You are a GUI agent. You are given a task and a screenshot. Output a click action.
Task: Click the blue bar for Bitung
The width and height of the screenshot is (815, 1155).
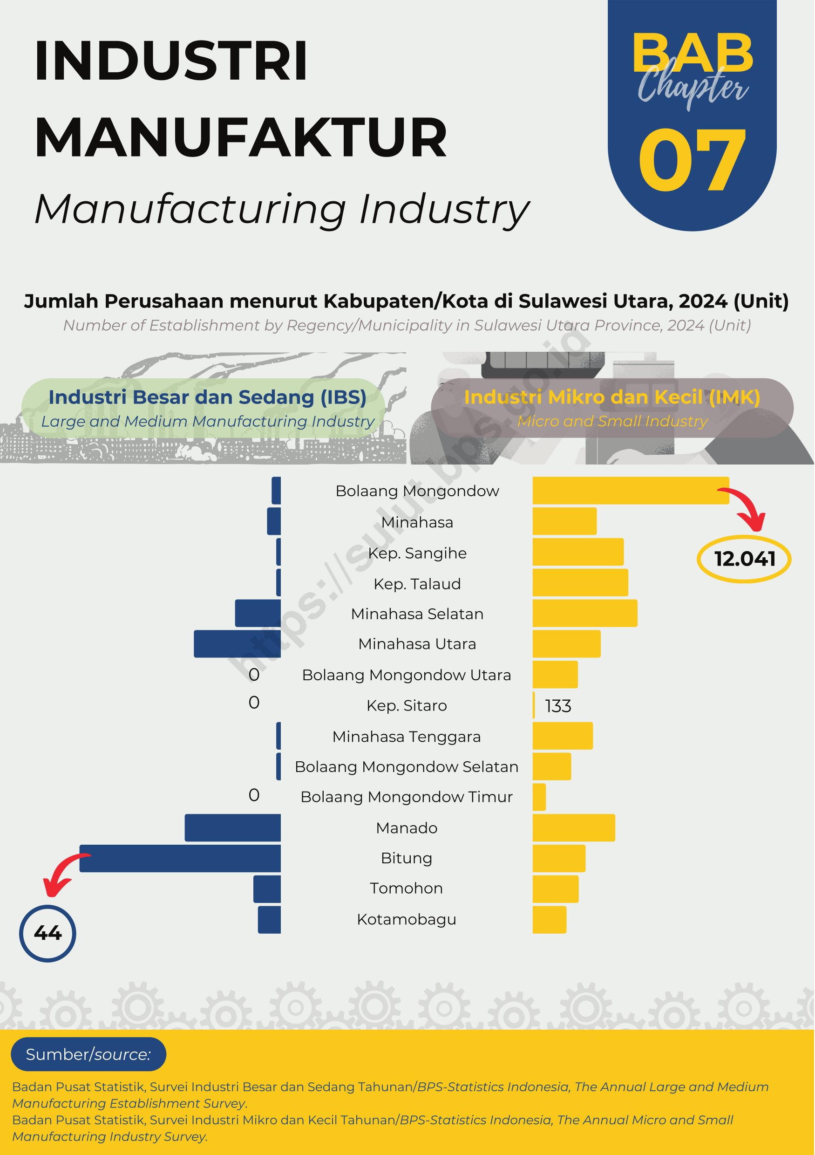[180, 858]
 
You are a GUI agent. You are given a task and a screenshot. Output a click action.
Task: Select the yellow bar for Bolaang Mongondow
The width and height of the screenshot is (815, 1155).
[631, 491]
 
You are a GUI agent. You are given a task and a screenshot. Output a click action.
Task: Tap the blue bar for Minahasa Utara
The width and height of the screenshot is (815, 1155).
[238, 644]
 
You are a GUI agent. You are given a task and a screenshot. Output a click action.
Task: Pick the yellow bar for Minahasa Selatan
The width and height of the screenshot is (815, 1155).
[585, 613]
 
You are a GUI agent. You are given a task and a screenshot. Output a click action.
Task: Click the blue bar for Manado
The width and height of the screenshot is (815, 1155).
[233, 827]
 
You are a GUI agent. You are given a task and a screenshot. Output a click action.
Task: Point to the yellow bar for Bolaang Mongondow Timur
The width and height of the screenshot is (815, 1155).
[539, 797]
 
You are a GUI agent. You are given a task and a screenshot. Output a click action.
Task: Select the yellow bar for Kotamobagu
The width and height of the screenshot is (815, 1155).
[550, 920]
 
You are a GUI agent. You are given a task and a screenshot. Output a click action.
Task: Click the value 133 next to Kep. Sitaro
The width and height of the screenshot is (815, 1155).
[558, 706]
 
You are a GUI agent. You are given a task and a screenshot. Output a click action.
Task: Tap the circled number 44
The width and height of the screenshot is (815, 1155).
[48, 933]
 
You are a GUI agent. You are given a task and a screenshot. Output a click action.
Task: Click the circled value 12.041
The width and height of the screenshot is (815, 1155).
[745, 559]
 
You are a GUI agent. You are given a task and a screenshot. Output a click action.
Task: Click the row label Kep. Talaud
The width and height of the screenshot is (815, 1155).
[417, 583]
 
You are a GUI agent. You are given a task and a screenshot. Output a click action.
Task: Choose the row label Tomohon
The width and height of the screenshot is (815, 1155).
[407, 888]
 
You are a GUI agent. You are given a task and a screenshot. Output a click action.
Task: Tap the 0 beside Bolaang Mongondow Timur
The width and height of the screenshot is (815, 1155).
[254, 795]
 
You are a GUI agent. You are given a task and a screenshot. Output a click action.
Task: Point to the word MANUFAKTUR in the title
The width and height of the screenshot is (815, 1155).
[241, 137]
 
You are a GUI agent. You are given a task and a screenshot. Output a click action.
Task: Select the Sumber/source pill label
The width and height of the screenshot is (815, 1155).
[88, 1054]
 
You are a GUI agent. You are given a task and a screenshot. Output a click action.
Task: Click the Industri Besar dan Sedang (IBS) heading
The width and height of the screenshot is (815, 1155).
[208, 397]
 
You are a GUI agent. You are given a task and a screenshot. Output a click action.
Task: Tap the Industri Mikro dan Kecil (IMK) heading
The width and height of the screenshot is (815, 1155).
[612, 397]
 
